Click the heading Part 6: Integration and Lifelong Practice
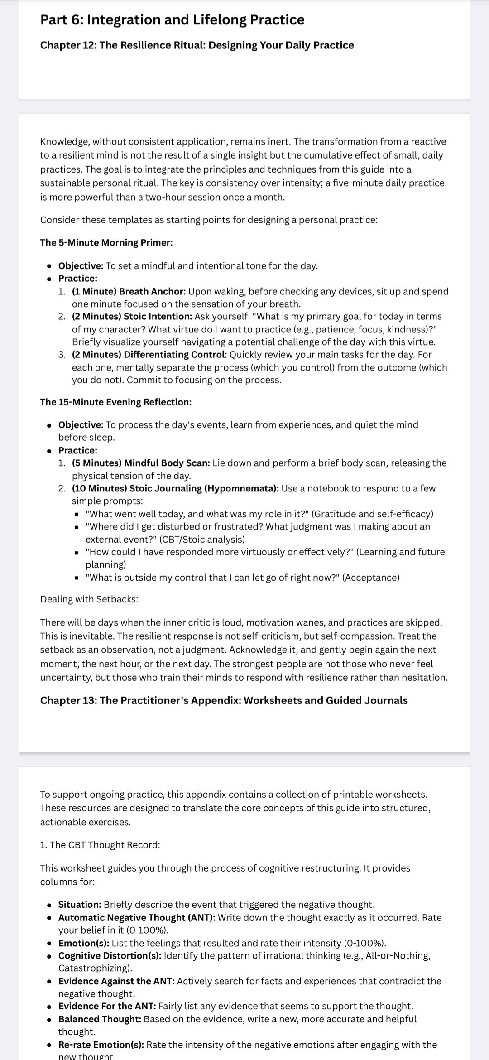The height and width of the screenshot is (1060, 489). pyautogui.click(x=172, y=20)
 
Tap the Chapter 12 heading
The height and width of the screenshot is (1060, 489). pyautogui.click(x=197, y=45)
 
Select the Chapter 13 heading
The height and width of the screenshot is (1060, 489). pyautogui.click(x=224, y=700)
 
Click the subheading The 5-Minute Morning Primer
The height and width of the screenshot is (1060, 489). pyautogui.click(x=106, y=242)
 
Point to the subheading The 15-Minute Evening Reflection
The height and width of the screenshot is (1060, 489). pyautogui.click(x=115, y=402)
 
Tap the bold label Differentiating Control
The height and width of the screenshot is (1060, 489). pyautogui.click(x=175, y=354)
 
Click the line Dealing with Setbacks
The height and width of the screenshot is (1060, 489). pyautogui.click(x=89, y=599)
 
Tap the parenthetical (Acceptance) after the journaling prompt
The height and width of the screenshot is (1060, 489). pyautogui.click(x=371, y=578)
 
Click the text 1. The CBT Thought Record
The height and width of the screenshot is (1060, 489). pyautogui.click(x=100, y=845)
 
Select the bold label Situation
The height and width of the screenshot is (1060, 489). pyautogui.click(x=80, y=905)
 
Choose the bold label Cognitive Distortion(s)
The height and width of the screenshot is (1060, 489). pyautogui.click(x=110, y=955)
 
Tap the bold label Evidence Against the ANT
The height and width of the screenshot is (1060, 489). pyautogui.click(x=116, y=981)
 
